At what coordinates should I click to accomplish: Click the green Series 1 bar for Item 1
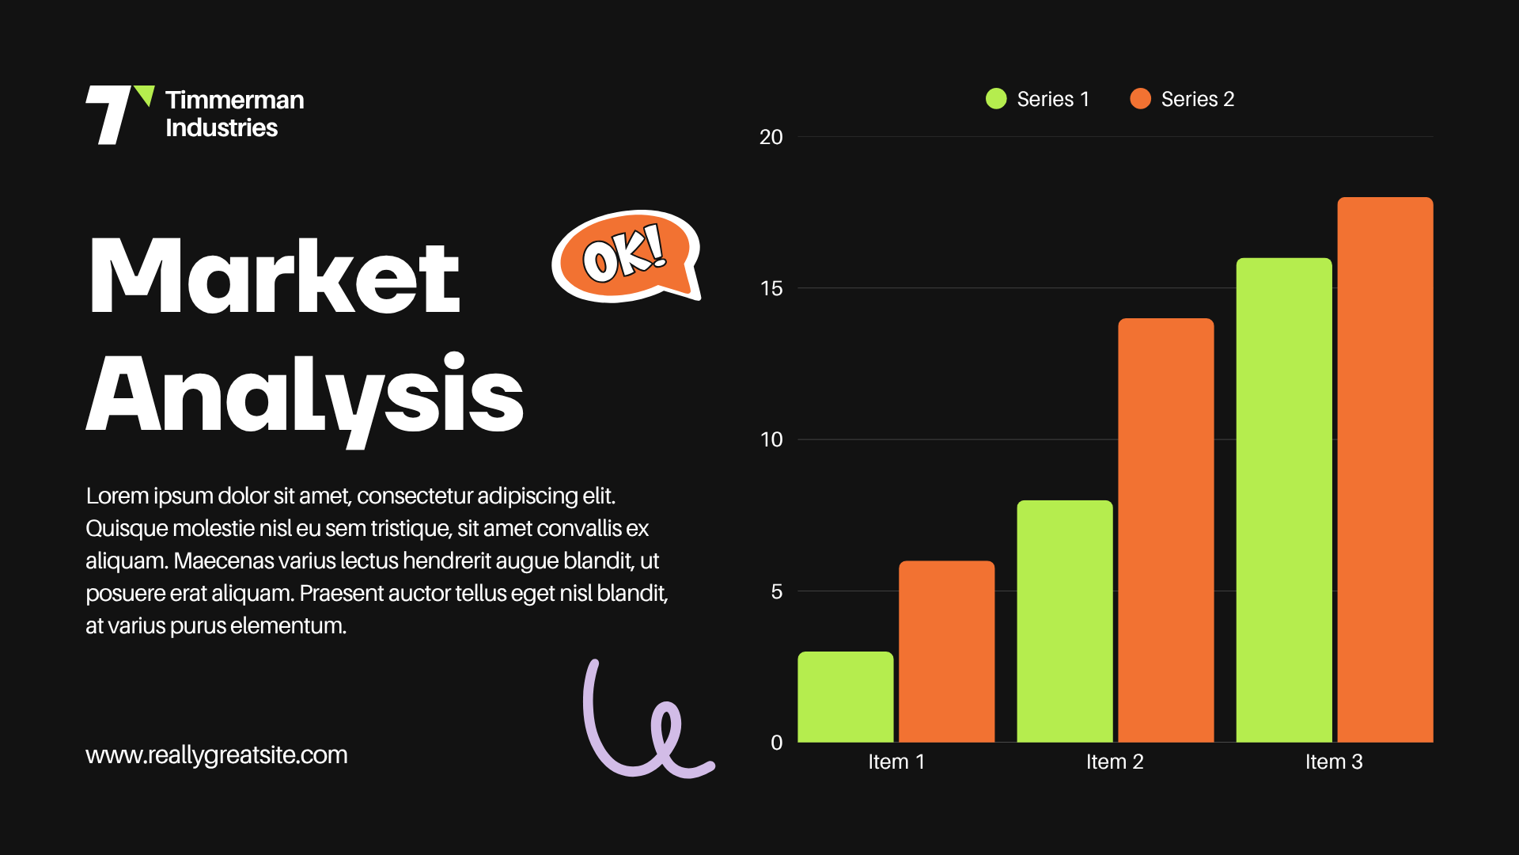[846, 697]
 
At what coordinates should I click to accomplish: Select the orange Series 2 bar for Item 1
[946, 652]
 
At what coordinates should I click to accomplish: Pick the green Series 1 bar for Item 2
[1065, 621]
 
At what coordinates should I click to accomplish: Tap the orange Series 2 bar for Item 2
[1166, 530]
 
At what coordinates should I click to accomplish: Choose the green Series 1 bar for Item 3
[1284, 500]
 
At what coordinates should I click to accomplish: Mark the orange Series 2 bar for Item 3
[1385, 469]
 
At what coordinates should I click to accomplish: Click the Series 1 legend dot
[996, 99]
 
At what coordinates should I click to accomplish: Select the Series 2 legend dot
[1140, 99]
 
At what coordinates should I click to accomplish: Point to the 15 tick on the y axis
[771, 288]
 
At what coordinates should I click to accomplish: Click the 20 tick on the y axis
[771, 137]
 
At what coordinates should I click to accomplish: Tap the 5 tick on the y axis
[777, 591]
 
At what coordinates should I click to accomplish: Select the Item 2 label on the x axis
[1115, 762]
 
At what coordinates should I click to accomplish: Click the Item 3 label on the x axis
[1334, 762]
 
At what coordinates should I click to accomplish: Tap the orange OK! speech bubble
[625, 256]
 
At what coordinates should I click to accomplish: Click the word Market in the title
[274, 275]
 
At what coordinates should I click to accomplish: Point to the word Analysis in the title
[305, 398]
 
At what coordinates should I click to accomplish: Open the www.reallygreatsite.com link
[217, 755]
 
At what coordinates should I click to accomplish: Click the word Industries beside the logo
[222, 127]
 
